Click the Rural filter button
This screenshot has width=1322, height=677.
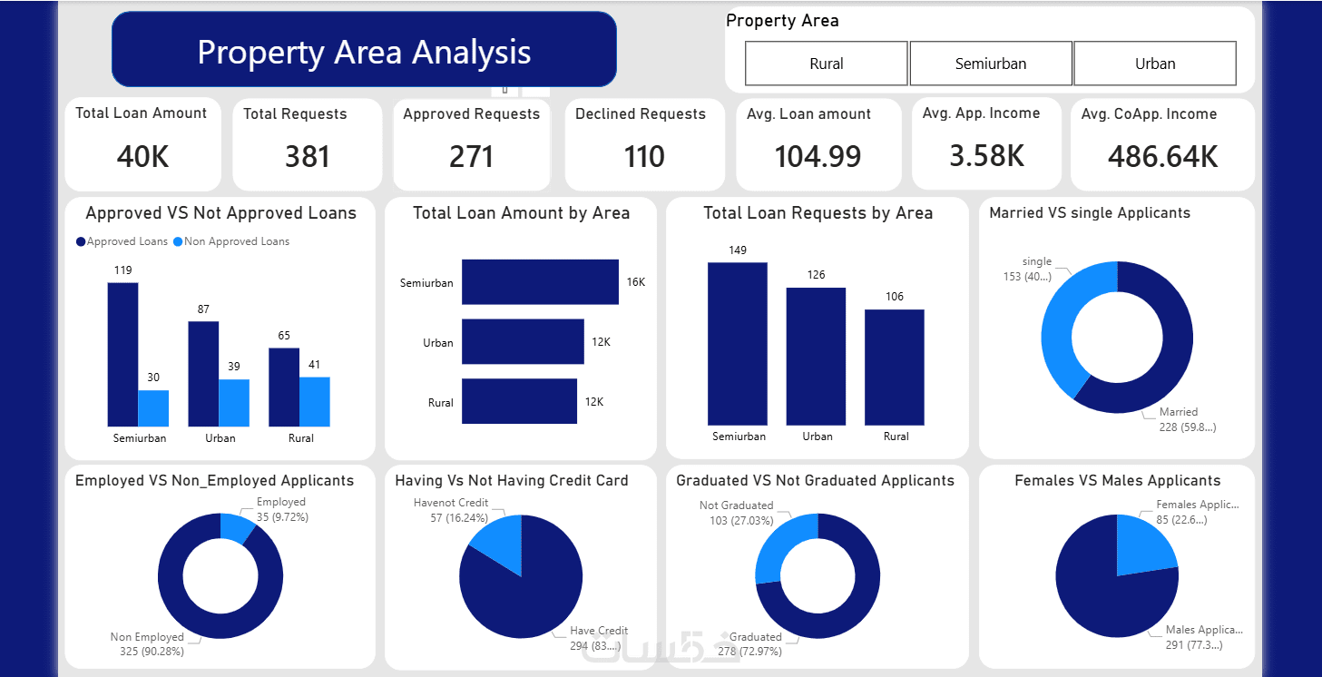point(826,64)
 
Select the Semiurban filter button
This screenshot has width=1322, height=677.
point(990,64)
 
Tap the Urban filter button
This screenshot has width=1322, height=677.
point(1154,64)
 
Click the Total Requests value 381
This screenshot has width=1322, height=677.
point(307,157)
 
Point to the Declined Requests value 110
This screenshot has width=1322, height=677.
point(644,157)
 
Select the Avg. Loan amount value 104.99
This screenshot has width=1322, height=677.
point(818,157)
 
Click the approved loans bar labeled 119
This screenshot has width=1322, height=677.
point(122,354)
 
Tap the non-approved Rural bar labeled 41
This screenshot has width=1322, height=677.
point(314,401)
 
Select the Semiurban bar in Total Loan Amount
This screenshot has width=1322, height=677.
point(540,282)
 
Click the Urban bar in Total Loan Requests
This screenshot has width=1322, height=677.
point(816,356)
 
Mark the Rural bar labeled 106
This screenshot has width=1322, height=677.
point(894,367)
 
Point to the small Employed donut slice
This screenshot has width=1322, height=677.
point(236,527)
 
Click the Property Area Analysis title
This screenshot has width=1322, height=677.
point(364,51)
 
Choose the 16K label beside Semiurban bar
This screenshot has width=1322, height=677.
point(635,282)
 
